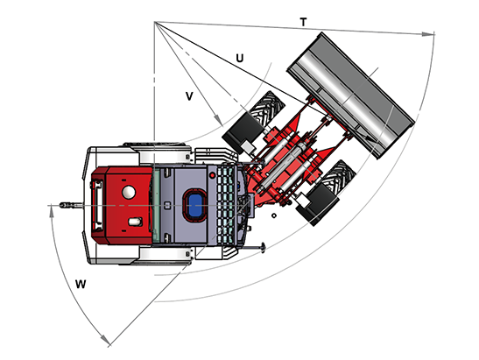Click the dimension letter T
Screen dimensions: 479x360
tap(303, 22)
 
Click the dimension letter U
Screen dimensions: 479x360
tap(240, 58)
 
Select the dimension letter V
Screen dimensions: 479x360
tap(189, 96)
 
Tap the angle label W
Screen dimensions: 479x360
tap(81, 284)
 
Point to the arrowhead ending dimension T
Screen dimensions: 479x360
tap(428, 33)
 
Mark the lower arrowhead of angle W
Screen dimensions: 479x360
tap(105, 340)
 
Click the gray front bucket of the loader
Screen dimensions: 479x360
tap(350, 95)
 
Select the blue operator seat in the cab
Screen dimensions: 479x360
tap(195, 205)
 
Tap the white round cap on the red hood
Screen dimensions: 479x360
tap(129, 192)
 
